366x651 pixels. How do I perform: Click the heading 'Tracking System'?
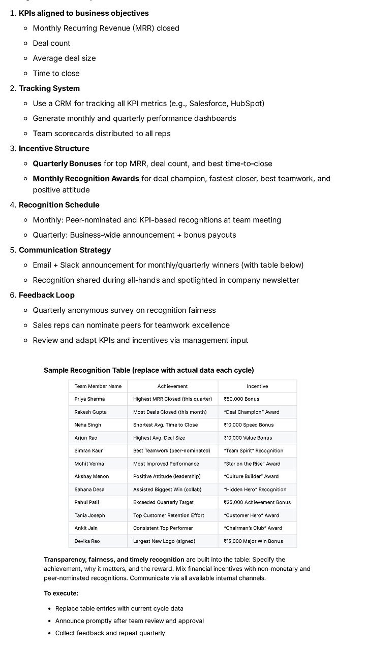(x=49, y=88)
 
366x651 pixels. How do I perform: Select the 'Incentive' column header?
(x=257, y=386)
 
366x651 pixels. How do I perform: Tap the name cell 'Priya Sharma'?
(x=89, y=399)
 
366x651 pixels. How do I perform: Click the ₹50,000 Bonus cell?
(x=241, y=399)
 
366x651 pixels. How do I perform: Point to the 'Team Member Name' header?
(x=98, y=386)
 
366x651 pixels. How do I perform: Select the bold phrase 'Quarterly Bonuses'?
(x=67, y=164)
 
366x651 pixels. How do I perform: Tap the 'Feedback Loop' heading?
(x=46, y=295)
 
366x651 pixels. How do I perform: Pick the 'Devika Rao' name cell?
(x=87, y=541)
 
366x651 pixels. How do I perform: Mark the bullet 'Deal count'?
(x=51, y=43)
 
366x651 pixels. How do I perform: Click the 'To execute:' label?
(x=61, y=593)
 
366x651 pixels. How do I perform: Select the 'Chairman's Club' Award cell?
(x=253, y=528)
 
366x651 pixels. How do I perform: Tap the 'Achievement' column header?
(x=172, y=386)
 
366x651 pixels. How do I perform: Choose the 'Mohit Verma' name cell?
(x=89, y=464)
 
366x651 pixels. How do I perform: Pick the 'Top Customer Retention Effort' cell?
(x=169, y=515)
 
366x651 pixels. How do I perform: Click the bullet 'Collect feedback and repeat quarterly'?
(x=110, y=633)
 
